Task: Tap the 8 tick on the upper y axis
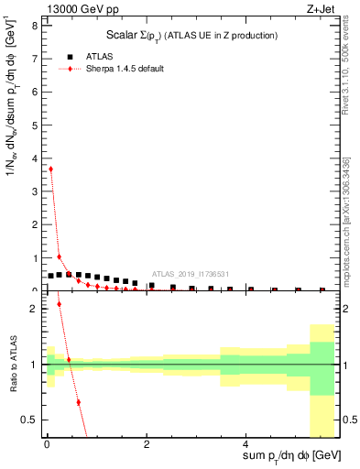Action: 36,26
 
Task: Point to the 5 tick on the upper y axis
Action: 36,125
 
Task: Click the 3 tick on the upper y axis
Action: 36,191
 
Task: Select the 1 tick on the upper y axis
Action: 36,257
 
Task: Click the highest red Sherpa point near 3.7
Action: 50,169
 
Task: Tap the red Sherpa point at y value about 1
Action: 60,256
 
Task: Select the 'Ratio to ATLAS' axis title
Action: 12,364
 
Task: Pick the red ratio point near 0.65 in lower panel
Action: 78,402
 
